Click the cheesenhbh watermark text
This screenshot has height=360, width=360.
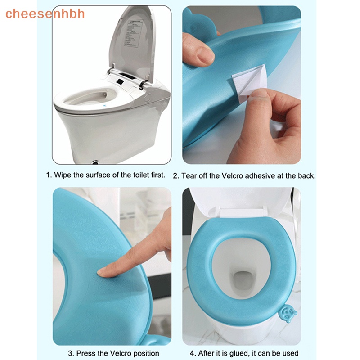pyautogui.click(x=45, y=13)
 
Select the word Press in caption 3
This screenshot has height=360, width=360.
pyautogui.click(x=86, y=353)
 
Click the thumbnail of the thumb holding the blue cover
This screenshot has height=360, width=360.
pyautogui.click(x=206, y=54)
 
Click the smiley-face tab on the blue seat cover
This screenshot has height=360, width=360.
pyautogui.click(x=288, y=313)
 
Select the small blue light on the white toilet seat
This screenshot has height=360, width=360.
pyautogui.click(x=105, y=106)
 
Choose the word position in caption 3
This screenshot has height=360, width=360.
pyautogui.click(x=145, y=353)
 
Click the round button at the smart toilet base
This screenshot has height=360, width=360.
pyautogui.click(x=95, y=162)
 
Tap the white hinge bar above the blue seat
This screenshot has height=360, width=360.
pyautogui.click(x=242, y=212)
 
